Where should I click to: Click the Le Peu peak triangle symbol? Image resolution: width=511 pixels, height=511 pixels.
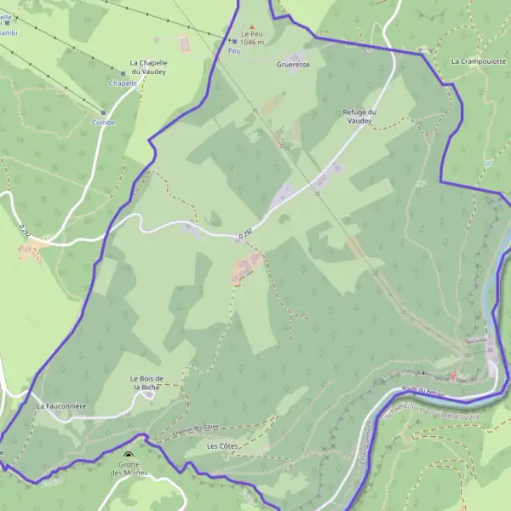[x=250, y=28]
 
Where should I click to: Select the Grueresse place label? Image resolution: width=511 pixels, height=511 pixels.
[x=293, y=64]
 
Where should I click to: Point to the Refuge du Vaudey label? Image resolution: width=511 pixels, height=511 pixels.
[x=359, y=117]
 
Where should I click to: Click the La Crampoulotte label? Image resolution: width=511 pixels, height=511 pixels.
[x=478, y=61]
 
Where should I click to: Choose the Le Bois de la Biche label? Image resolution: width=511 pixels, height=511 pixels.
[x=146, y=382]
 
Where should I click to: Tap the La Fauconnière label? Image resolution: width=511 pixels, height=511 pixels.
[x=61, y=407]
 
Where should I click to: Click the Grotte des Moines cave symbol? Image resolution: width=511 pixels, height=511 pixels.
[x=129, y=456]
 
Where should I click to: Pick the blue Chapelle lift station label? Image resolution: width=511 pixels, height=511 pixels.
[x=123, y=83]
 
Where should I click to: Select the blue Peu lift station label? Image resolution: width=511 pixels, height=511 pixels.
[x=235, y=51]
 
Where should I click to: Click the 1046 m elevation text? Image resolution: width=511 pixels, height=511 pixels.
[x=252, y=42]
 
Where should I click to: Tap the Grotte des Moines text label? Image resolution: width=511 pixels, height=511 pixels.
[x=129, y=468]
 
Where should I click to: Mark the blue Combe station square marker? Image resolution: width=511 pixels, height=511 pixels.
[x=104, y=112]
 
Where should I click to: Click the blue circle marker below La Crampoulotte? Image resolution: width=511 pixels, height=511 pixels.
[x=488, y=162]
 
